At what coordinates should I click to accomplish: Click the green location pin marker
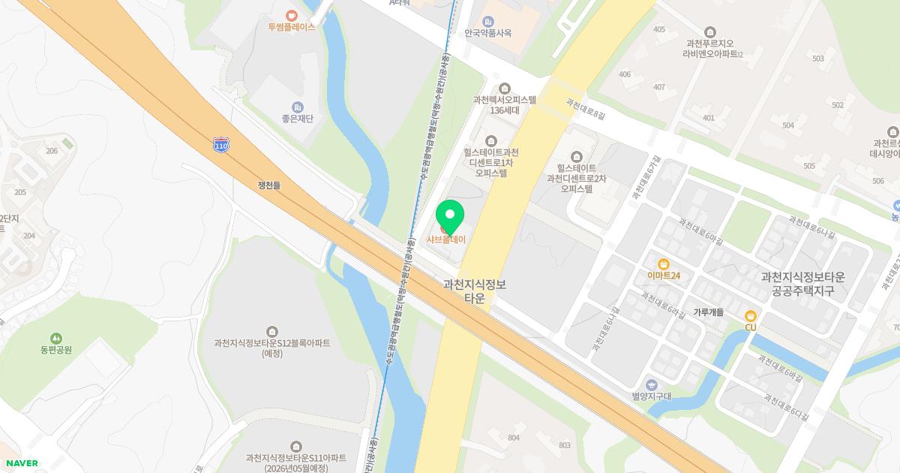pos(450,216)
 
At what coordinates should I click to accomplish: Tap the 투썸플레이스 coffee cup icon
pos(292,14)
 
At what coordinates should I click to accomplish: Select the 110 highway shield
pos(220,146)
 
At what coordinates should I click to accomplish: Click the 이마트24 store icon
pos(664,264)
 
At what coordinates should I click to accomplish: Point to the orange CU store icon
pos(751,316)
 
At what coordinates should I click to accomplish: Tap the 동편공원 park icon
pos(56,339)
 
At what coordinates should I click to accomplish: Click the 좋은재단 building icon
pos(298,107)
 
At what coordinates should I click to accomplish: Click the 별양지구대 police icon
pos(651,384)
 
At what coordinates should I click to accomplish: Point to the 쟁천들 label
pos(268,185)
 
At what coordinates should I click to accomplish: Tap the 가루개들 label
pos(708,312)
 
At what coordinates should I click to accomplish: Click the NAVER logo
pos(20,463)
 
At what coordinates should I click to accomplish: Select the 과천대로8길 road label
pos(586,110)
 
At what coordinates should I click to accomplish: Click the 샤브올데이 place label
pos(446,240)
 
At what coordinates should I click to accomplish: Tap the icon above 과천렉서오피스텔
pos(504,89)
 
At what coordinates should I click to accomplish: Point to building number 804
pos(514,438)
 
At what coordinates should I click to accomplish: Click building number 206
pos(51,151)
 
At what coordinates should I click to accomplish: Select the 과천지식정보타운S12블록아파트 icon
pos(271,332)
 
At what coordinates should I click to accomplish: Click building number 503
pos(818,59)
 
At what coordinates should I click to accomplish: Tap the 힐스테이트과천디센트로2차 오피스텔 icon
pos(576,156)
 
